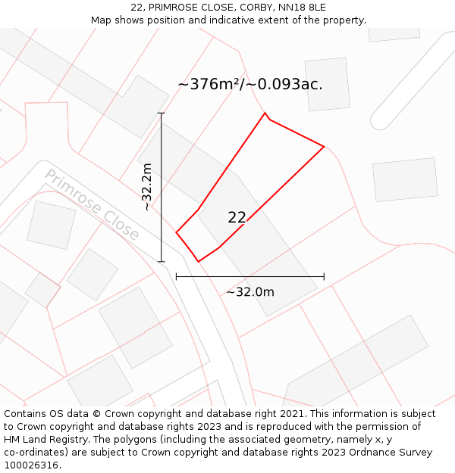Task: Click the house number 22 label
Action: click(237, 217)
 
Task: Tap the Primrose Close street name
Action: click(92, 204)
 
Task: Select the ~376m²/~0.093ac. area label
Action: click(249, 84)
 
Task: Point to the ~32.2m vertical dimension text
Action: click(147, 187)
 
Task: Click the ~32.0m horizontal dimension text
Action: click(249, 292)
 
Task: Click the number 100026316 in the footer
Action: click(32, 465)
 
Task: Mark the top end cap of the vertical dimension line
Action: click(161, 114)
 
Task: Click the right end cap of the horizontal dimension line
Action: click(324, 277)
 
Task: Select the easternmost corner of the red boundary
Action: click(324, 146)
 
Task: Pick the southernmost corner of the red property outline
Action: click(199, 262)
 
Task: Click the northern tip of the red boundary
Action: click(265, 114)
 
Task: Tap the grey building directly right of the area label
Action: click(327, 84)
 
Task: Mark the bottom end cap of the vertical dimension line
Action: click(161, 262)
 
